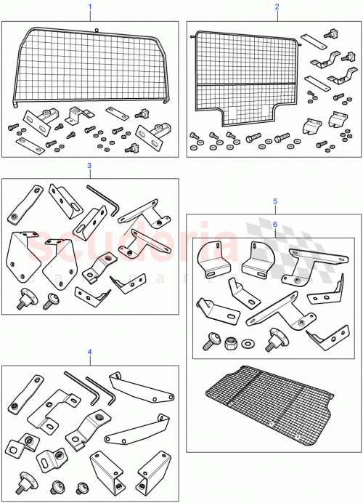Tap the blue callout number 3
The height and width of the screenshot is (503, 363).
89,165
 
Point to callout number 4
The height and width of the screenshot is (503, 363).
89,352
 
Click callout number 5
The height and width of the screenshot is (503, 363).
274,201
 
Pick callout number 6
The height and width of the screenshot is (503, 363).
274,225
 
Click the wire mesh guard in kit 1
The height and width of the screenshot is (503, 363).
87,65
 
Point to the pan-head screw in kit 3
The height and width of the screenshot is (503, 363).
52,297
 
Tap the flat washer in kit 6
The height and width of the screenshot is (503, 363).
250,342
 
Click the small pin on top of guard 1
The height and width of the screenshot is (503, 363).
96,28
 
